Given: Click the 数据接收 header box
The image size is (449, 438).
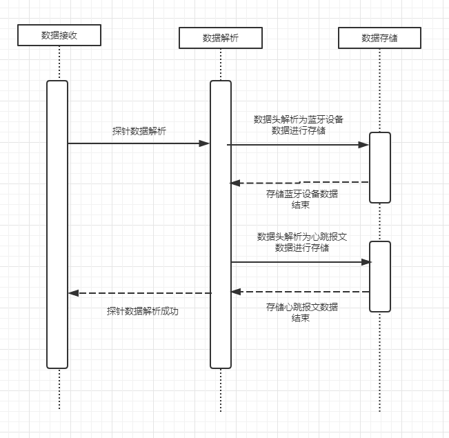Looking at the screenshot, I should coord(59,35).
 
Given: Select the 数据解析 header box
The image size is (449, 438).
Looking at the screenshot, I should coord(221,38).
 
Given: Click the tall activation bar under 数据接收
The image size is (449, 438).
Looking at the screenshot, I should coord(57,224).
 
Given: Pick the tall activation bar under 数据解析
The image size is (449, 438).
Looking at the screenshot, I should coord(221,224).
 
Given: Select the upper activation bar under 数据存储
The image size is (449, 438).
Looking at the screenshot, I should coord(380,167).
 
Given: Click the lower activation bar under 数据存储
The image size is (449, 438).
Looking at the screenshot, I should coord(380,276).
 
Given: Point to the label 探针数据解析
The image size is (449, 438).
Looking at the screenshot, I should coord(139,131).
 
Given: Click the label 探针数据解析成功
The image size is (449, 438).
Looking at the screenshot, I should coord(142,311).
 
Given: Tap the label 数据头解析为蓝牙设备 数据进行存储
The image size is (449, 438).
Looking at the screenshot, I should coord(299,124).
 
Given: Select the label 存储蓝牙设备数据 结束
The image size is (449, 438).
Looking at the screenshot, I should coord(301,199).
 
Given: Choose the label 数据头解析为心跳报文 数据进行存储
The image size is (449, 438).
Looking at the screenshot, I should coord(301,242).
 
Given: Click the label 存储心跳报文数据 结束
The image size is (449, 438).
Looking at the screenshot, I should coord(301,312).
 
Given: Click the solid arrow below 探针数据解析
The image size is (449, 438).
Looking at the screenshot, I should coord(138,143).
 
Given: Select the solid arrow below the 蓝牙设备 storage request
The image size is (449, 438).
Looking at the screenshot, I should coord(298,145).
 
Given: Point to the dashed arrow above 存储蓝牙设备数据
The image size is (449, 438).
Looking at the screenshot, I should coord(300,183).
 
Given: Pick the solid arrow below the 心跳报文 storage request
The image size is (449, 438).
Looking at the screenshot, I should coord(300,262).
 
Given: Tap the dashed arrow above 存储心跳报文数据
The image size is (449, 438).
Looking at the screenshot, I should coord(300,292).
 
